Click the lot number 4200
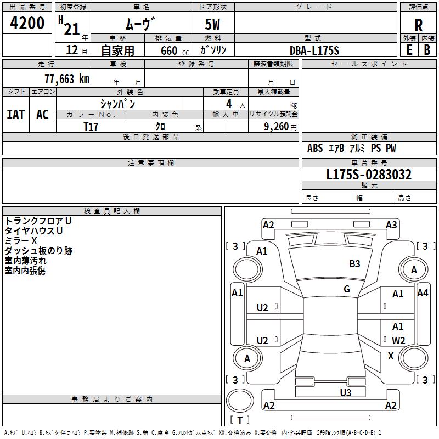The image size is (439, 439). [x=27, y=23]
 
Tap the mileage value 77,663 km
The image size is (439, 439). [x=66, y=78]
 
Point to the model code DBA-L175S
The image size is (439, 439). [x=315, y=50]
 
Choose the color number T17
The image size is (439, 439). [x=91, y=126]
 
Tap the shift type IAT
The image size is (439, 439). [x=16, y=114]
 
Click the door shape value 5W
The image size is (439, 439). [x=213, y=24]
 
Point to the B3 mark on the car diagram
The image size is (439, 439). [x=354, y=264]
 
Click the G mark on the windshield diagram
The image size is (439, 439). [x=347, y=289]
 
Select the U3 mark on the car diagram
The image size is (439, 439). [x=345, y=392]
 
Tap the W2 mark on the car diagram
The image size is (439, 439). [x=398, y=341]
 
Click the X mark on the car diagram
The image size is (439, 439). [x=391, y=356]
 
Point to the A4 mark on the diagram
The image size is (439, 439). [x=423, y=293]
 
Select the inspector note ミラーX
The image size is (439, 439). [x=21, y=240]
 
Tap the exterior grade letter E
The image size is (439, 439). [x=409, y=49]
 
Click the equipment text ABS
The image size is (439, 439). [x=315, y=148]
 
